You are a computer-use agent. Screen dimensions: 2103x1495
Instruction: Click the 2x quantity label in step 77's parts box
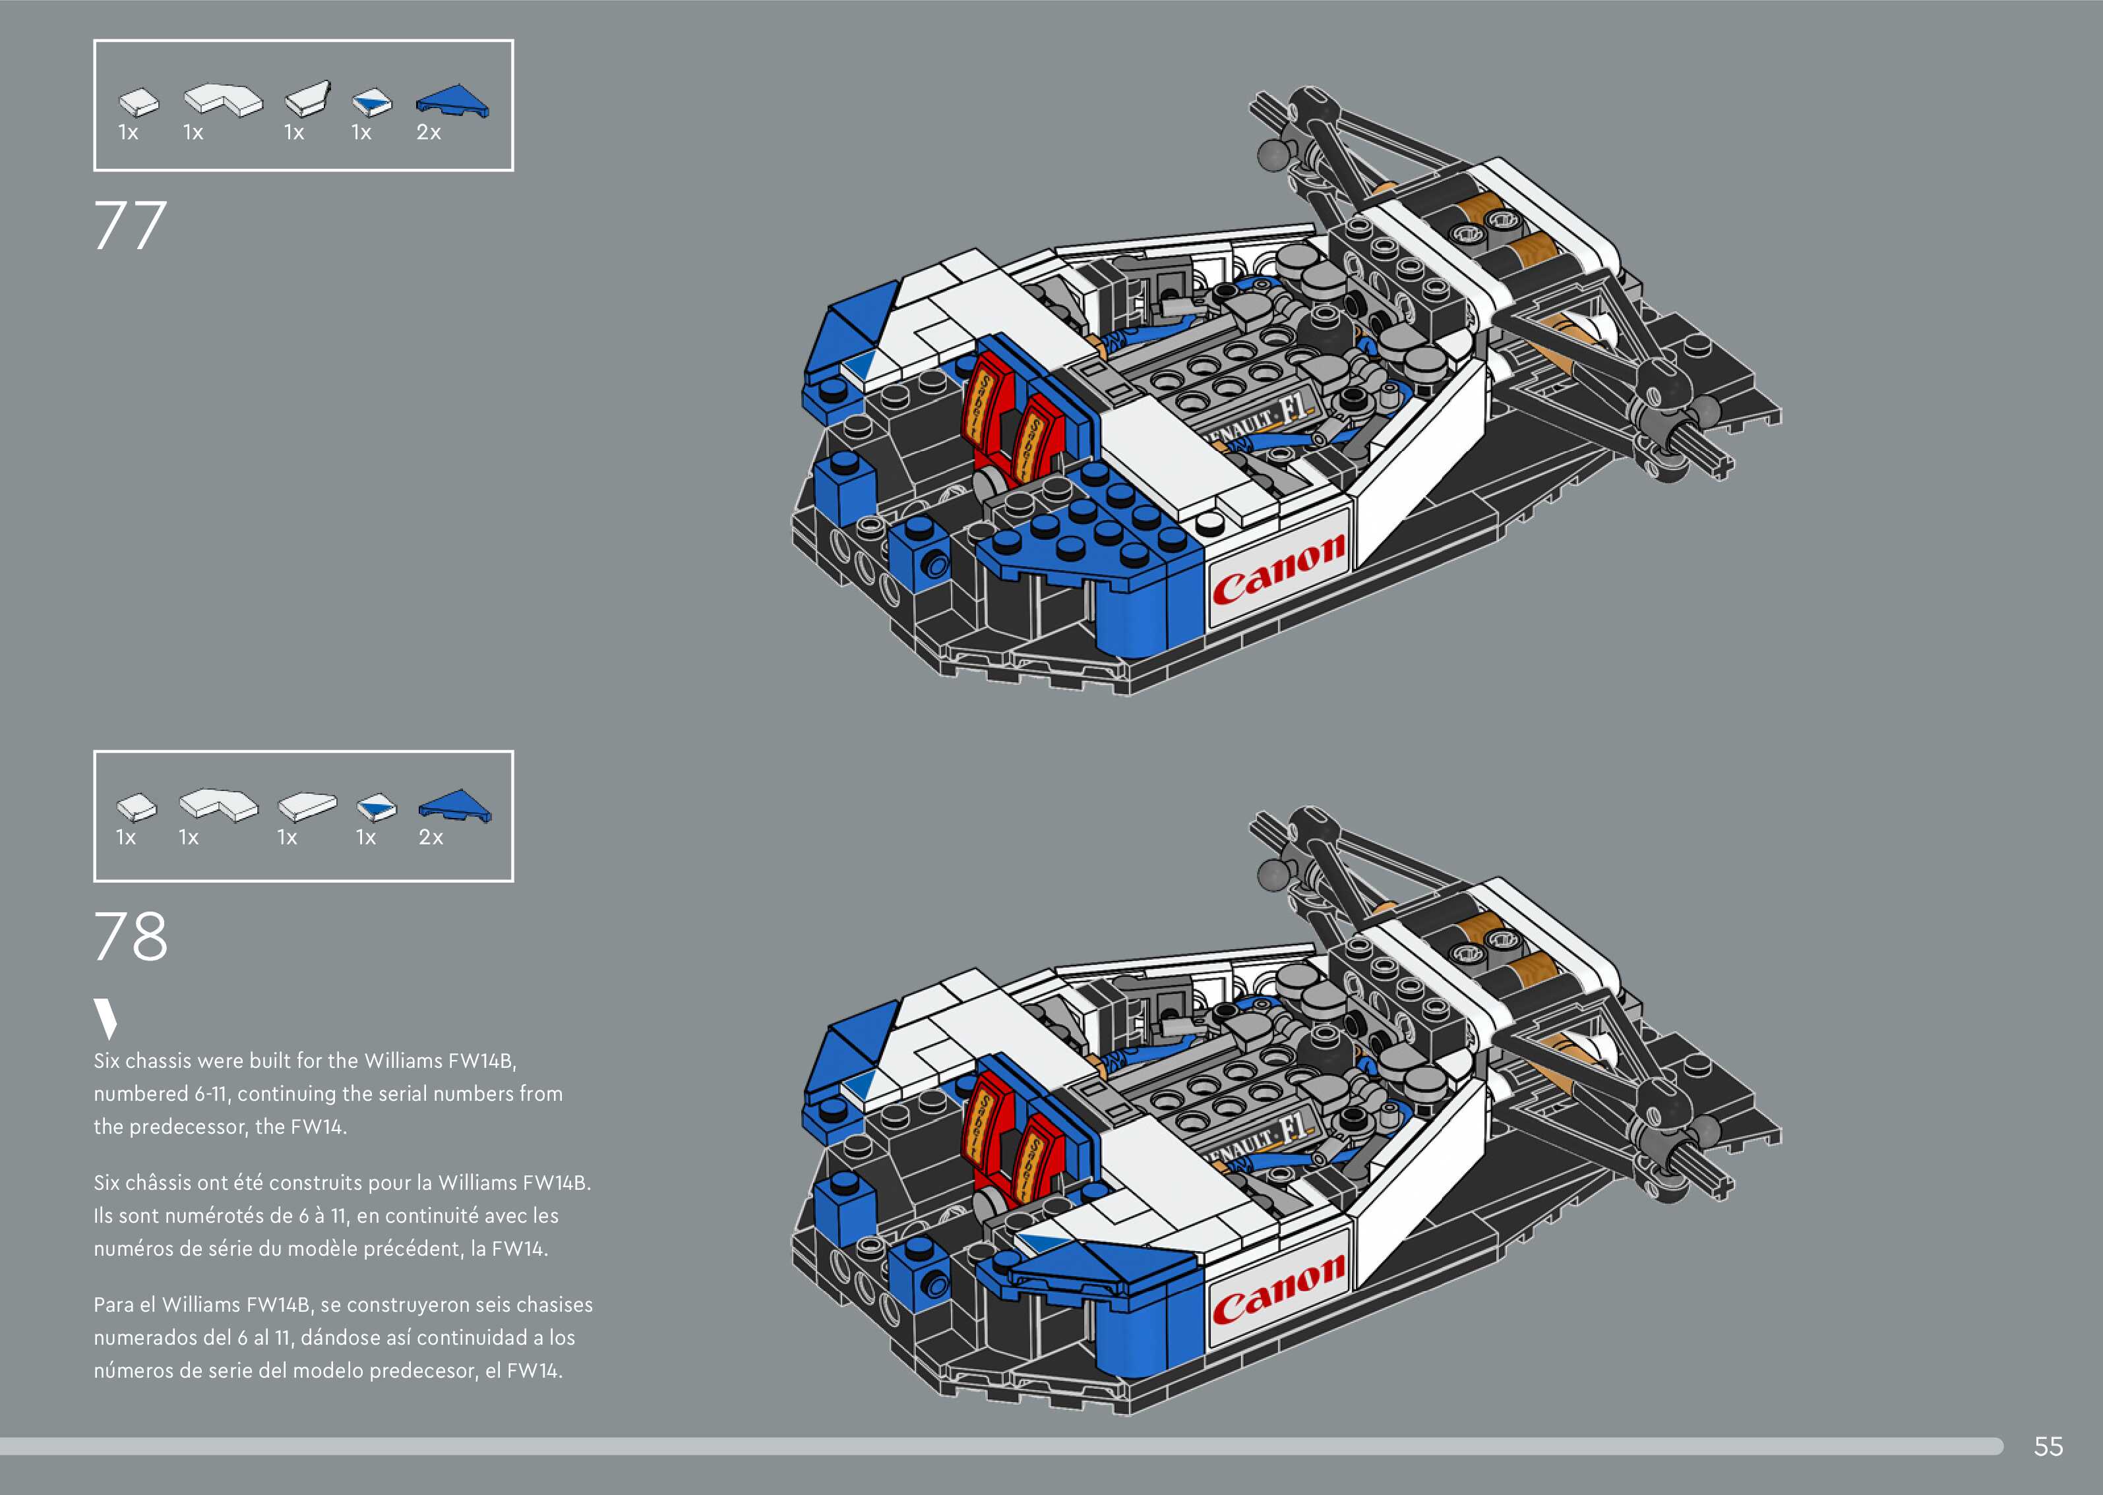[429, 132]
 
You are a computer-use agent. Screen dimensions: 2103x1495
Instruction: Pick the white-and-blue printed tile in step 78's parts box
[377, 807]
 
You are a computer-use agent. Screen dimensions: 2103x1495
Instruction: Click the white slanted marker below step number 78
[106, 1019]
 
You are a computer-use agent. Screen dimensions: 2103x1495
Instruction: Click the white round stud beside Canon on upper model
[1209, 525]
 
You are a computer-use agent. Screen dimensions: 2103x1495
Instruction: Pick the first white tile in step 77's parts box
[138, 102]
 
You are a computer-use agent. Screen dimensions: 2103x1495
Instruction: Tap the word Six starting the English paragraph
[107, 1061]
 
